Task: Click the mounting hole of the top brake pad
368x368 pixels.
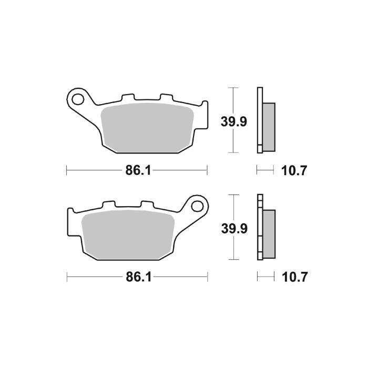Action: point(79,98)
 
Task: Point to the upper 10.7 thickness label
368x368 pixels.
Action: point(294,170)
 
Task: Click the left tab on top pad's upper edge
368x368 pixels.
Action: point(127,97)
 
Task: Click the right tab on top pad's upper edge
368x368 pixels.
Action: point(165,97)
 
